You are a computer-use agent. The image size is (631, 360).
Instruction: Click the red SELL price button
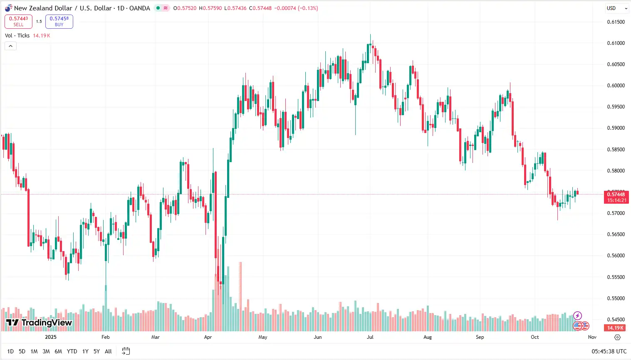pyautogui.click(x=18, y=21)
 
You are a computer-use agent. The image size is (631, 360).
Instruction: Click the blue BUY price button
pyautogui.click(x=59, y=21)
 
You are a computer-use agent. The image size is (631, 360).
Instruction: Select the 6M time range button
pyautogui.click(x=58, y=351)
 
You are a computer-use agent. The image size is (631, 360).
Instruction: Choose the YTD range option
pyautogui.click(x=72, y=351)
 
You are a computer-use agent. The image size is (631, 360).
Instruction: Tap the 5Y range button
pyautogui.click(x=97, y=351)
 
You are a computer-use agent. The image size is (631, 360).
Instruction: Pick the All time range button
pyautogui.click(x=108, y=351)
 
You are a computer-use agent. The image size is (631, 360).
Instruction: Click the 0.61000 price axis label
pyautogui.click(x=616, y=43)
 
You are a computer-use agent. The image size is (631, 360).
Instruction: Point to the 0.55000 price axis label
pyautogui.click(x=616, y=298)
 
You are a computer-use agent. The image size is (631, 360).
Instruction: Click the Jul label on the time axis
pyautogui.click(x=370, y=337)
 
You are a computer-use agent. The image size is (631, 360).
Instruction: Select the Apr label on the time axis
pyautogui.click(x=208, y=337)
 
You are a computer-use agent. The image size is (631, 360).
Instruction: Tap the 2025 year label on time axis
pyautogui.click(x=51, y=337)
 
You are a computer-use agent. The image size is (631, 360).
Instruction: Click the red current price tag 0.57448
pyautogui.click(x=616, y=197)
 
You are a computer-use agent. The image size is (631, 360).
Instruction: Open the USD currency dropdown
pyautogui.click(x=616, y=8)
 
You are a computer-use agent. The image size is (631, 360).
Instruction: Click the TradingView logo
pyautogui.click(x=39, y=323)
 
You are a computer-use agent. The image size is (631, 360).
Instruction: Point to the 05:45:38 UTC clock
pyautogui.click(x=609, y=351)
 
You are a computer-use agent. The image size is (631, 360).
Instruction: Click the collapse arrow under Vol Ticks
pyautogui.click(x=10, y=46)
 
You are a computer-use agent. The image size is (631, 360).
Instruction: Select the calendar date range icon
pyautogui.click(x=126, y=351)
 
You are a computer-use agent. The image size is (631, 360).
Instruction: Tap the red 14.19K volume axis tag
pyautogui.click(x=615, y=328)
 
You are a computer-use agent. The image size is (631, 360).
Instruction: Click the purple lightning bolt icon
pyautogui.click(x=577, y=316)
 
